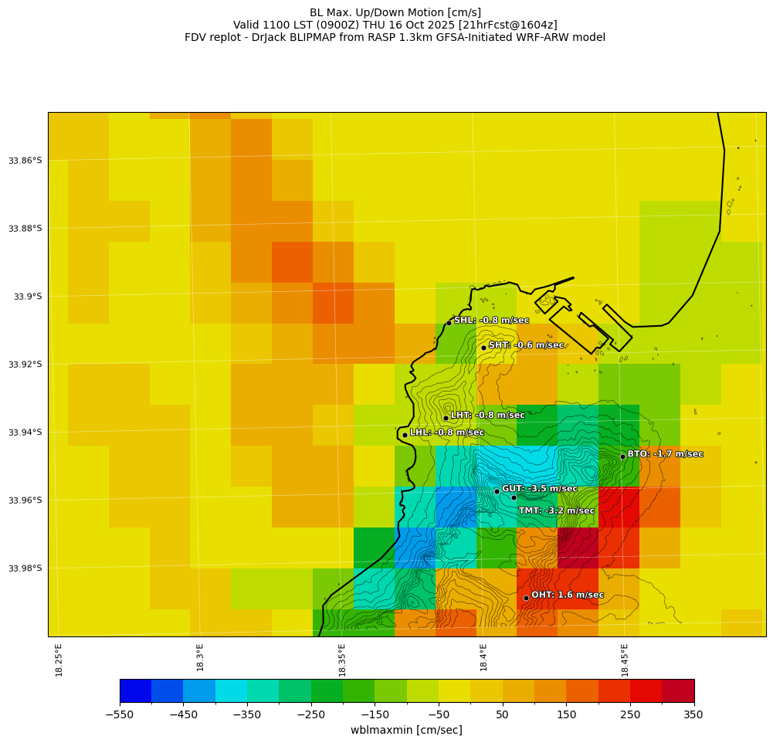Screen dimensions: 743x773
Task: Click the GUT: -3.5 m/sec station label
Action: [x=539, y=489]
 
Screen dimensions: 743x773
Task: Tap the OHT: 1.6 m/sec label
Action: [x=567, y=595]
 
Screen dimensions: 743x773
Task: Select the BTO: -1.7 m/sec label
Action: [x=665, y=454]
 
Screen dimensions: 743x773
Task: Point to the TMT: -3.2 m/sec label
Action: [x=556, y=511]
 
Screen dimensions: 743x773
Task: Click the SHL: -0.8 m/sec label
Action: [x=491, y=321]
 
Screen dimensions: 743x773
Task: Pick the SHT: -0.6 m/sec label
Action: [x=526, y=345]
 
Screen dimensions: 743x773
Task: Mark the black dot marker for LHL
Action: [x=405, y=435]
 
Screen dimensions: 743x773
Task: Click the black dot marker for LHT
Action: [x=446, y=418]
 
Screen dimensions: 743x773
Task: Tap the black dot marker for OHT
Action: [x=526, y=598]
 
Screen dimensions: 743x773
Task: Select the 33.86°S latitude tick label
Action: [x=25, y=161]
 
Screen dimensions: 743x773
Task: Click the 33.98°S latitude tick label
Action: [x=25, y=568]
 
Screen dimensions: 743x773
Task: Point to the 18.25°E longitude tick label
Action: [x=59, y=660]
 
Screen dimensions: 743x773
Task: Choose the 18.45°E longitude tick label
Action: [x=625, y=660]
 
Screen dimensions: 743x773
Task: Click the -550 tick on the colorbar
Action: [x=120, y=714]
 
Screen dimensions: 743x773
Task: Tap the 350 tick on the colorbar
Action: [x=693, y=714]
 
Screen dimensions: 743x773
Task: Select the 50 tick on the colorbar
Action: [x=502, y=714]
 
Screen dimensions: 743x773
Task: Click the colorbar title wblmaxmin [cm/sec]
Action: [x=406, y=730]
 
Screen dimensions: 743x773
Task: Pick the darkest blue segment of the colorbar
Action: [x=135, y=690]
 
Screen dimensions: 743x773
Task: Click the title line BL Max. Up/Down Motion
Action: [x=395, y=12]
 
